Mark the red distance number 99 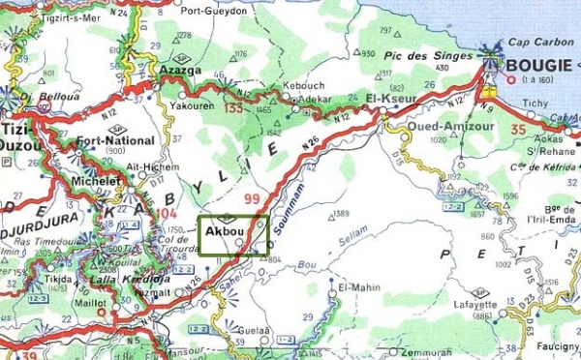[255, 198]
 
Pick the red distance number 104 [169, 213]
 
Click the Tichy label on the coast [535, 102]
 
